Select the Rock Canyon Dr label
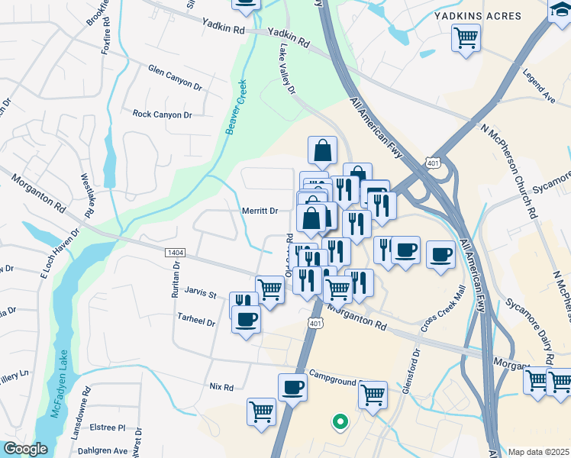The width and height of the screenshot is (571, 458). tap(162, 114)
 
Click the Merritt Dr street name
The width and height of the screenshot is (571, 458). tap(260, 211)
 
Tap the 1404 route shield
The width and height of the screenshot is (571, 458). tap(174, 251)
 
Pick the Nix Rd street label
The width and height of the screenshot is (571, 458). tap(221, 387)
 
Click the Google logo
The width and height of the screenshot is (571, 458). tap(25, 449)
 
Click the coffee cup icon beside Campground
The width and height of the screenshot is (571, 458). tap(292, 387)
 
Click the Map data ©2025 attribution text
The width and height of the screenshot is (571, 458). tap(539, 452)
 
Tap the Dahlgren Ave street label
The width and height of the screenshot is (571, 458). tap(105, 450)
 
